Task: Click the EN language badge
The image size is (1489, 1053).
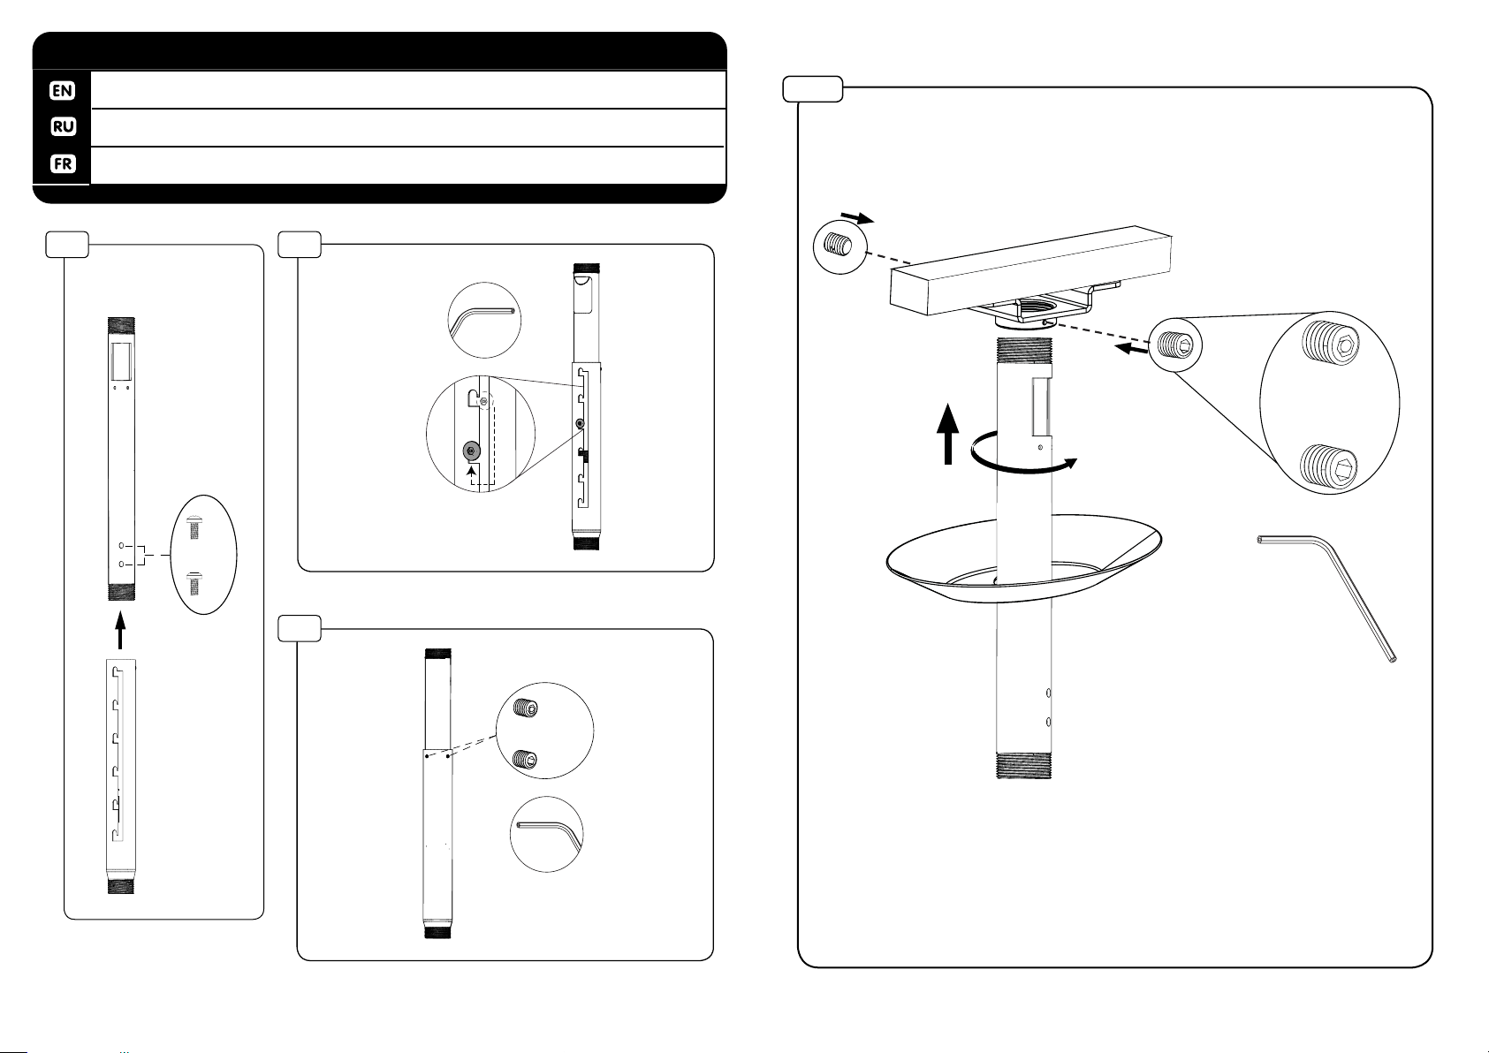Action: [x=62, y=89]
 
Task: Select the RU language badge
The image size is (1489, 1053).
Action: [x=62, y=127]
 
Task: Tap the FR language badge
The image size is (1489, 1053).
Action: [x=62, y=165]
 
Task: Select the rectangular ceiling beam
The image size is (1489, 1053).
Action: [x=1030, y=269]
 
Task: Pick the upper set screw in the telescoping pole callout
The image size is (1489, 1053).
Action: [x=527, y=708]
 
